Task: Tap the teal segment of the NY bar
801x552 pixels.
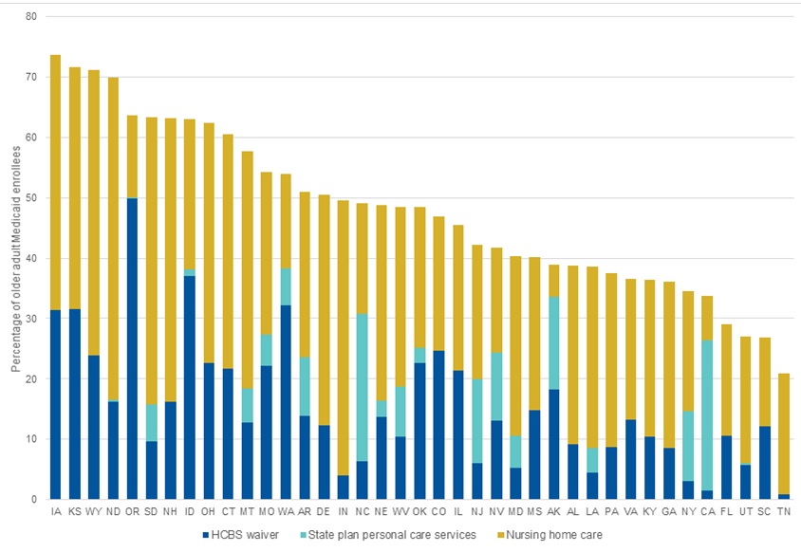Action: (x=688, y=446)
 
